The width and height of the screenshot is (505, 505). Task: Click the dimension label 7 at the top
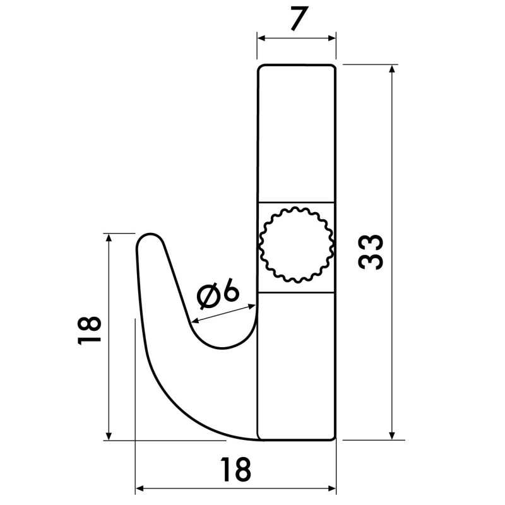point(295,20)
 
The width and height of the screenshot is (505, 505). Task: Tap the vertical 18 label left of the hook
point(90,330)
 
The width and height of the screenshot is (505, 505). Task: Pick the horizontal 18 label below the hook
point(236,469)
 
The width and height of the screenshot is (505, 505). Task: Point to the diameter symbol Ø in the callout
point(208,297)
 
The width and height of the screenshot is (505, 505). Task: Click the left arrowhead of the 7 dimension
point(261,38)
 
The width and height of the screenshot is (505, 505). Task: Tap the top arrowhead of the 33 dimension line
point(393,68)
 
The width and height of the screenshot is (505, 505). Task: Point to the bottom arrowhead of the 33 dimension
point(393,435)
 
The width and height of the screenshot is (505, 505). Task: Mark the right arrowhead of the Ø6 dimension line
point(253,306)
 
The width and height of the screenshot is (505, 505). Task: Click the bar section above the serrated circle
point(296,133)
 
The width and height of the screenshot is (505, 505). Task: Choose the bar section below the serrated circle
point(296,366)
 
